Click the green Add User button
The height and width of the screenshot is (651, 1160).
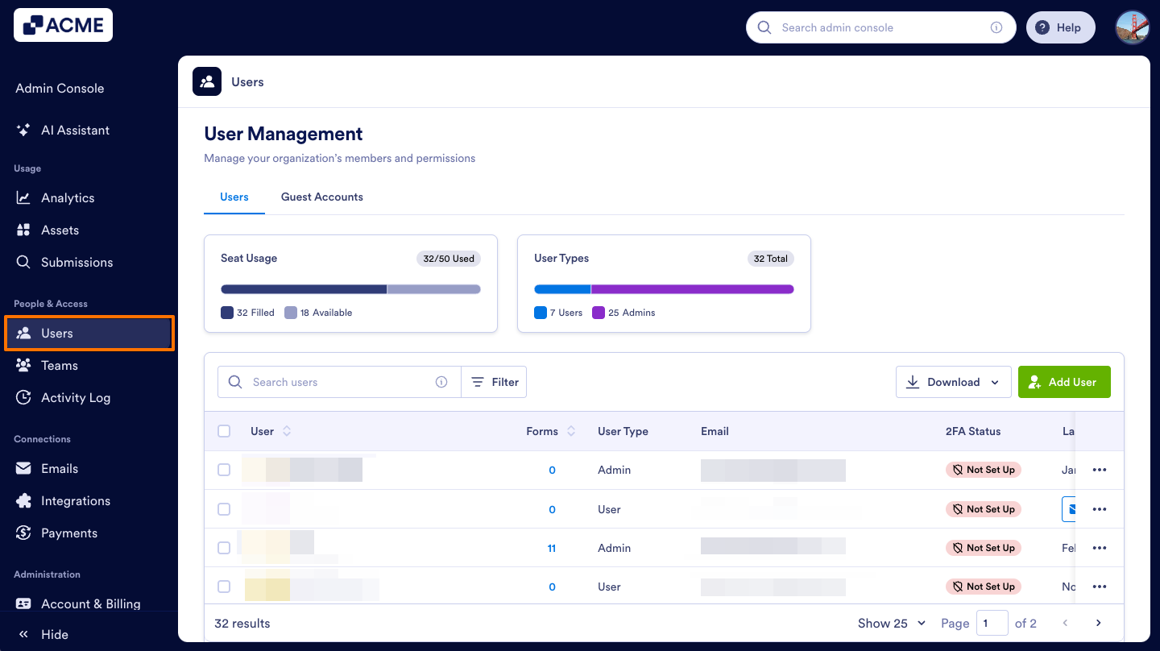(1064, 382)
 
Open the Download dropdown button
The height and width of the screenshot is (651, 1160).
(953, 382)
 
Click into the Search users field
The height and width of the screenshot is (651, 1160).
(338, 382)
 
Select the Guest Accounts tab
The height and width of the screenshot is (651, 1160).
(321, 197)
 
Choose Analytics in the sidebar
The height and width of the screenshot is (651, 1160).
(68, 197)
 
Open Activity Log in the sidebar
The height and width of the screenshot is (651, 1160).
(75, 397)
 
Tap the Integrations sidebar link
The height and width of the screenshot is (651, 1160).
(75, 500)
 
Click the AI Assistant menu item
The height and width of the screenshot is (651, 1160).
(75, 130)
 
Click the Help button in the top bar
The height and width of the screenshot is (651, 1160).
(1060, 27)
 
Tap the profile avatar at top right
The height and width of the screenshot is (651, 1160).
(1132, 27)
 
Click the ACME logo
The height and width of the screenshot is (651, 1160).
(63, 25)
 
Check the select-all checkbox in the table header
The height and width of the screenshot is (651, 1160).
(224, 431)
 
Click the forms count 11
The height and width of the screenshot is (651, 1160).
(552, 548)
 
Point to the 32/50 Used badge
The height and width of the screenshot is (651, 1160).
(449, 259)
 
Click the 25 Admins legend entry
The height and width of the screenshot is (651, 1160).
(624, 313)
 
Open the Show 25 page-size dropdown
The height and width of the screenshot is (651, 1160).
(891, 623)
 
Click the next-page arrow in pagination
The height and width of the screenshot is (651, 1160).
(1098, 623)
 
